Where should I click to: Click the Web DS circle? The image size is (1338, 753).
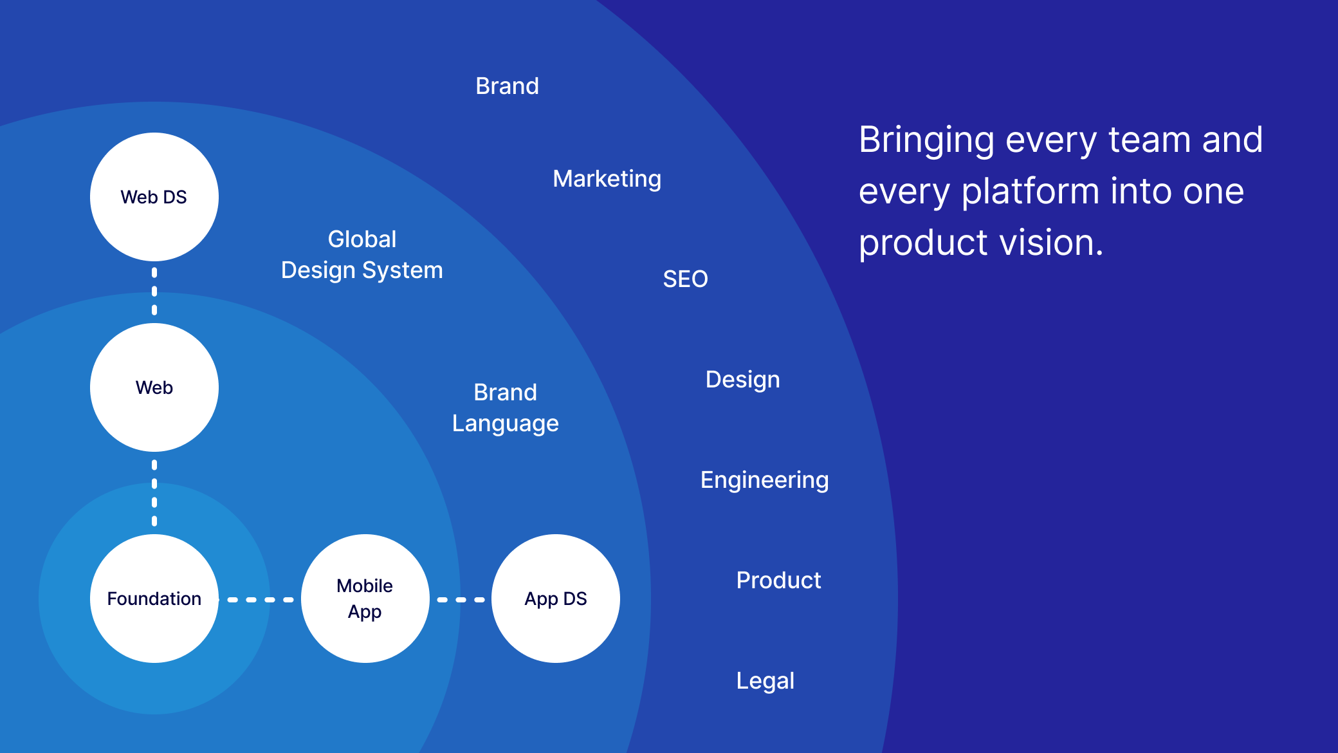pyautogui.click(x=154, y=197)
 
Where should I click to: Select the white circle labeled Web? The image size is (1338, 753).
pyautogui.click(x=154, y=387)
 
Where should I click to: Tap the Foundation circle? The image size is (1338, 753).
pyautogui.click(x=154, y=599)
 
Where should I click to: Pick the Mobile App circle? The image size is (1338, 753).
pyautogui.click(x=365, y=599)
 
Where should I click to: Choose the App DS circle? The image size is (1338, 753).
pyautogui.click(x=556, y=599)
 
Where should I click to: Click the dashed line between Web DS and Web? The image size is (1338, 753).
pyautogui.click(x=154, y=292)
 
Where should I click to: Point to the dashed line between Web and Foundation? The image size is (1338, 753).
pyautogui.click(x=154, y=493)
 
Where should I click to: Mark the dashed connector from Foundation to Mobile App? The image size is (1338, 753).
pyautogui.click(x=261, y=600)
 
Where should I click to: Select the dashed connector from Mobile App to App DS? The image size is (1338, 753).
pyautogui.click(x=461, y=600)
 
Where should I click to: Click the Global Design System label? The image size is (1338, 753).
pyautogui.click(x=362, y=255)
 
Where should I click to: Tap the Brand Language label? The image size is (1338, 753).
pyautogui.click(x=506, y=408)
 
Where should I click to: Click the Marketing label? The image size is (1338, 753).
pyautogui.click(x=607, y=179)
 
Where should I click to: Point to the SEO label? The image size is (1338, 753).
pyautogui.click(x=686, y=279)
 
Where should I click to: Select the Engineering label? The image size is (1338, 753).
pyautogui.click(x=765, y=481)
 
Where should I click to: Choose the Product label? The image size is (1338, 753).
pyautogui.click(x=779, y=581)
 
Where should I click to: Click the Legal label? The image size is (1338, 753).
pyautogui.click(x=765, y=682)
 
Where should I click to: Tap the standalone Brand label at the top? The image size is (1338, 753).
pyautogui.click(x=508, y=86)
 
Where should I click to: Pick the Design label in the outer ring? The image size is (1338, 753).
pyautogui.click(x=743, y=380)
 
